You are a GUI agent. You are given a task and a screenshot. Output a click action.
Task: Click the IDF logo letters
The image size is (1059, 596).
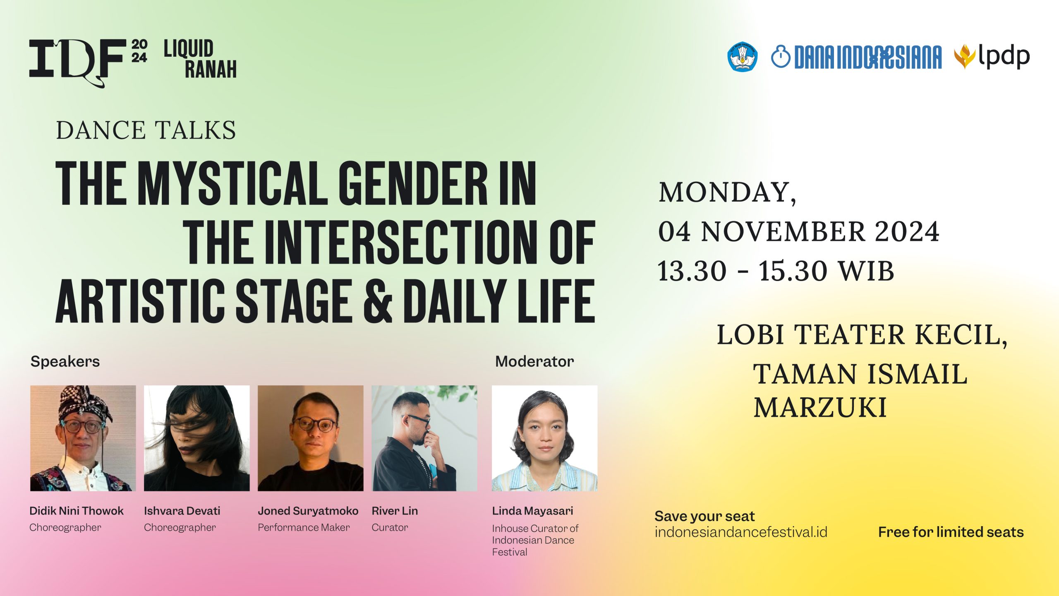click(77, 62)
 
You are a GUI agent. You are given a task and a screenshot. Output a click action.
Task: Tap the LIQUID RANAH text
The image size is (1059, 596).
click(200, 59)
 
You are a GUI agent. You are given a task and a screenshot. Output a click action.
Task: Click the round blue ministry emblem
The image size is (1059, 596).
click(743, 57)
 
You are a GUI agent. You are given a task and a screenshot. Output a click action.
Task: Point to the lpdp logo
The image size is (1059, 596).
click(992, 57)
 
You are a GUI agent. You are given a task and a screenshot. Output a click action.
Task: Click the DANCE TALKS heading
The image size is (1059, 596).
click(146, 130)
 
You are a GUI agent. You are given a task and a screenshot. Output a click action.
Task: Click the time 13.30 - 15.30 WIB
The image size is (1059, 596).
click(776, 271)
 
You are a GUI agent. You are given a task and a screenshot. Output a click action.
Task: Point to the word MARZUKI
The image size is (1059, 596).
click(820, 407)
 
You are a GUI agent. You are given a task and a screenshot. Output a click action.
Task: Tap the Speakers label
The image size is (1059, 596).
click(65, 361)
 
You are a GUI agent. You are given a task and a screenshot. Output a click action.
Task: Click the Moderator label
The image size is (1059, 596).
click(534, 361)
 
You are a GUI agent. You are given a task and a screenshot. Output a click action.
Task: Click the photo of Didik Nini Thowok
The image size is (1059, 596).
click(83, 438)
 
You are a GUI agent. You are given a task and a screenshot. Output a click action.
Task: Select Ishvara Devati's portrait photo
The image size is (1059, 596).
click(197, 438)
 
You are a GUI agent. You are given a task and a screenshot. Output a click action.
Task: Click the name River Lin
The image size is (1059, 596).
click(395, 511)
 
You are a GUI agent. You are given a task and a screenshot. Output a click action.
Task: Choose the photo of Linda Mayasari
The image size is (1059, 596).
click(544, 438)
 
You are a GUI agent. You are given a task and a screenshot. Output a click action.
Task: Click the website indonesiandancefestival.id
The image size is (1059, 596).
click(741, 532)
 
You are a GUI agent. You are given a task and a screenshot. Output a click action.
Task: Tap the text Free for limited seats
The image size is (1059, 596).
click(951, 532)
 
